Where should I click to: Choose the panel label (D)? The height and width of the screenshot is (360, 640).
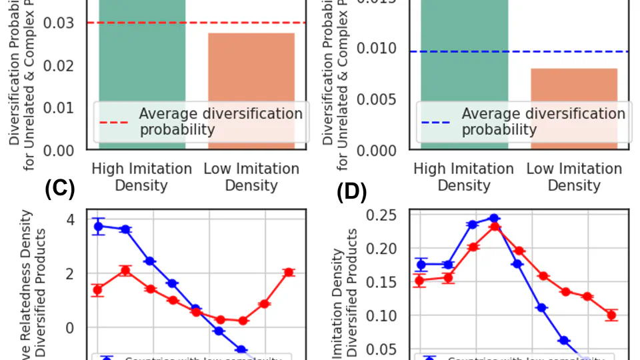(x=352, y=192)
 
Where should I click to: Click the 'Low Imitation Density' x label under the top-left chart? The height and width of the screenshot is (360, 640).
(x=251, y=177)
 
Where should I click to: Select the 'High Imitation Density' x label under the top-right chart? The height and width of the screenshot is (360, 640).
(x=464, y=177)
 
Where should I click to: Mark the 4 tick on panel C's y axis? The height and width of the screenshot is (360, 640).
(x=71, y=219)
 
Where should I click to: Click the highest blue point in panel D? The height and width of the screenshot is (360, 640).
(x=494, y=218)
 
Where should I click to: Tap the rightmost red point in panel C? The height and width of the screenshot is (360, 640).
(x=289, y=272)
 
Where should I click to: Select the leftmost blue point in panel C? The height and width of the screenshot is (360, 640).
(x=99, y=227)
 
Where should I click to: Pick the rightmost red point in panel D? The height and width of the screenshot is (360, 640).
(x=611, y=315)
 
